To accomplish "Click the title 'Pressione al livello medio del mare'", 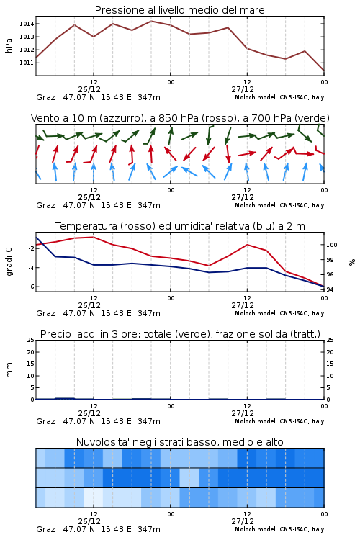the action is [x=179, y=10].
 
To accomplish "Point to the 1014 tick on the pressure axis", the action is [x=27, y=24].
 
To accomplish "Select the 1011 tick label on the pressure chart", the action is [x=27, y=63].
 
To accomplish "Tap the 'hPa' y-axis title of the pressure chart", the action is [x=9, y=45].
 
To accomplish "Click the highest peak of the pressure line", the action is [x=151, y=21].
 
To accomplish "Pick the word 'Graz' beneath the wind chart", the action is [x=45, y=206].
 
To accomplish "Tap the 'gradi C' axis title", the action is [x=9, y=262].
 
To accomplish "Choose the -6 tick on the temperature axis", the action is [x=31, y=287].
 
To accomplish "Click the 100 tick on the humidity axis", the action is [x=332, y=245].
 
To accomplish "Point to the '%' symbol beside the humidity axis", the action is [x=352, y=262].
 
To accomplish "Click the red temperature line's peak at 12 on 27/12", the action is [x=247, y=245].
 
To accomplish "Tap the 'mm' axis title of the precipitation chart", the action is [x=9, y=370].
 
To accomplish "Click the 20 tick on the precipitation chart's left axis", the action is [x=31, y=352].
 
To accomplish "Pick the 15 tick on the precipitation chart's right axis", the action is [x=330, y=364].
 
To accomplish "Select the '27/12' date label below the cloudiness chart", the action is [x=243, y=521].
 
